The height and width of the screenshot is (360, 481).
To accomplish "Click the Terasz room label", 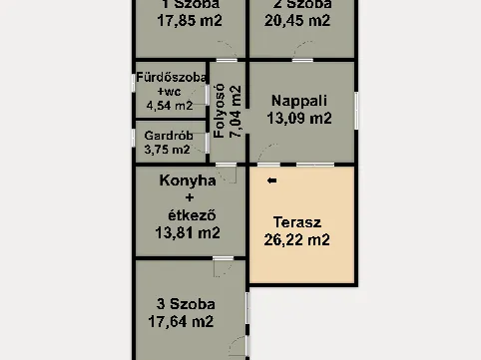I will [297, 222].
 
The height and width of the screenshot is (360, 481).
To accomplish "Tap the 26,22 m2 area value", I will [297, 239].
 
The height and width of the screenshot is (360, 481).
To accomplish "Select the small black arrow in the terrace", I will [271, 180].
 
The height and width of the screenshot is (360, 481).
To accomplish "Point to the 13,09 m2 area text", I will [299, 117].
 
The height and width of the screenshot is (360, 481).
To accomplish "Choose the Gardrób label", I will [167, 135].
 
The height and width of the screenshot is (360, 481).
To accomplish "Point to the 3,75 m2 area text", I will [167, 150].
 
